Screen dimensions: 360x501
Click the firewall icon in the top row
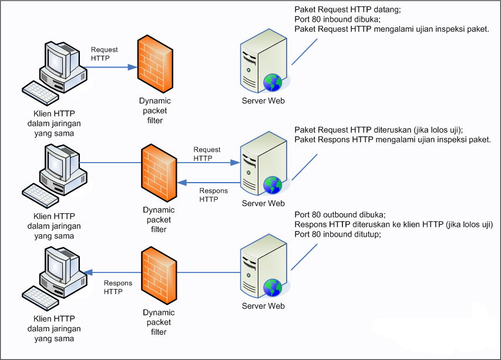point(156,64)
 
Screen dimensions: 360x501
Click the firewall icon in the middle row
point(159,173)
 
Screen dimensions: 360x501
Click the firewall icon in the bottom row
point(159,275)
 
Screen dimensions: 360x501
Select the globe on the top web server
point(273,82)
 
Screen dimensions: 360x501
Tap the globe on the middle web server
point(273,184)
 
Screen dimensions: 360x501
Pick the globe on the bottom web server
point(273,287)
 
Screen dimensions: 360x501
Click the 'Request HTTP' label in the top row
point(104,54)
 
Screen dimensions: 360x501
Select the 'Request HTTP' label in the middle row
point(207,154)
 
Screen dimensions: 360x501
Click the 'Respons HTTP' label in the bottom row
point(118,287)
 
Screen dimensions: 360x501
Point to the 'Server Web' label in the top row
point(263,101)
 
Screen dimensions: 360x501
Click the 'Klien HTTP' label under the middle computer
point(55,216)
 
